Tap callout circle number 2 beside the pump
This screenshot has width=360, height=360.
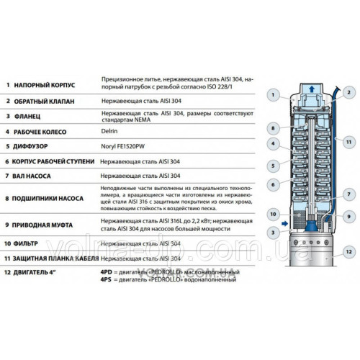tap(346, 92)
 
